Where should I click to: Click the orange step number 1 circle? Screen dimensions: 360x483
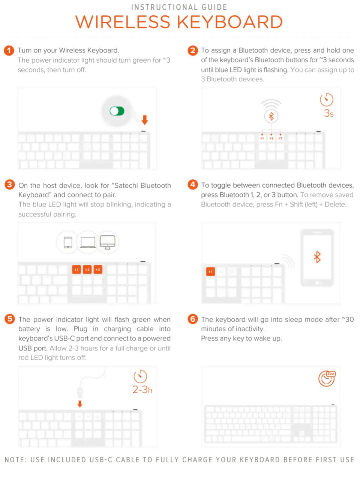pyautogui.click(x=9, y=51)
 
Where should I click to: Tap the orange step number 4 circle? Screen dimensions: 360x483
pyautogui.click(x=193, y=184)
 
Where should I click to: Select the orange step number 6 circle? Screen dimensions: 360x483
pyautogui.click(x=193, y=319)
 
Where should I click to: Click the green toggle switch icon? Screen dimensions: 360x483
pyautogui.click(x=117, y=111)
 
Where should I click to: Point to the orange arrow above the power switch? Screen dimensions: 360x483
pyautogui.click(x=145, y=120)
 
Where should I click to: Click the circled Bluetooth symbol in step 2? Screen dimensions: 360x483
pyautogui.click(x=271, y=116)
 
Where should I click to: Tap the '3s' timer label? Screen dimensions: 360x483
pyautogui.click(x=328, y=113)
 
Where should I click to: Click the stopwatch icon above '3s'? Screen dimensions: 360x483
pyautogui.click(x=326, y=100)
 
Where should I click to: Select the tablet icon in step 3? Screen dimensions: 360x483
pyautogui.click(x=68, y=242)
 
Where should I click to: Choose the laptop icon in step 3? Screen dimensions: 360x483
pyautogui.click(x=88, y=242)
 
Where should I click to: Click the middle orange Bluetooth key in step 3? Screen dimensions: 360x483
pyautogui.click(x=87, y=269)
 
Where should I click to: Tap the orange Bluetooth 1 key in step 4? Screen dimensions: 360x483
pyautogui.click(x=210, y=272)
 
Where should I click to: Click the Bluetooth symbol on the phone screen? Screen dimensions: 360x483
pyautogui.click(x=317, y=257)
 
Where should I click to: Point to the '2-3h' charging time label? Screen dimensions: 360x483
pyautogui.click(x=142, y=390)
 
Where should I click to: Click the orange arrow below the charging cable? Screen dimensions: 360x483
pyautogui.click(x=80, y=404)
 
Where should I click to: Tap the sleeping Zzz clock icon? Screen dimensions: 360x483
pyautogui.click(x=327, y=378)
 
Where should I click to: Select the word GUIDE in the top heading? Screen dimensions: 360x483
pyautogui.click(x=214, y=7)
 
